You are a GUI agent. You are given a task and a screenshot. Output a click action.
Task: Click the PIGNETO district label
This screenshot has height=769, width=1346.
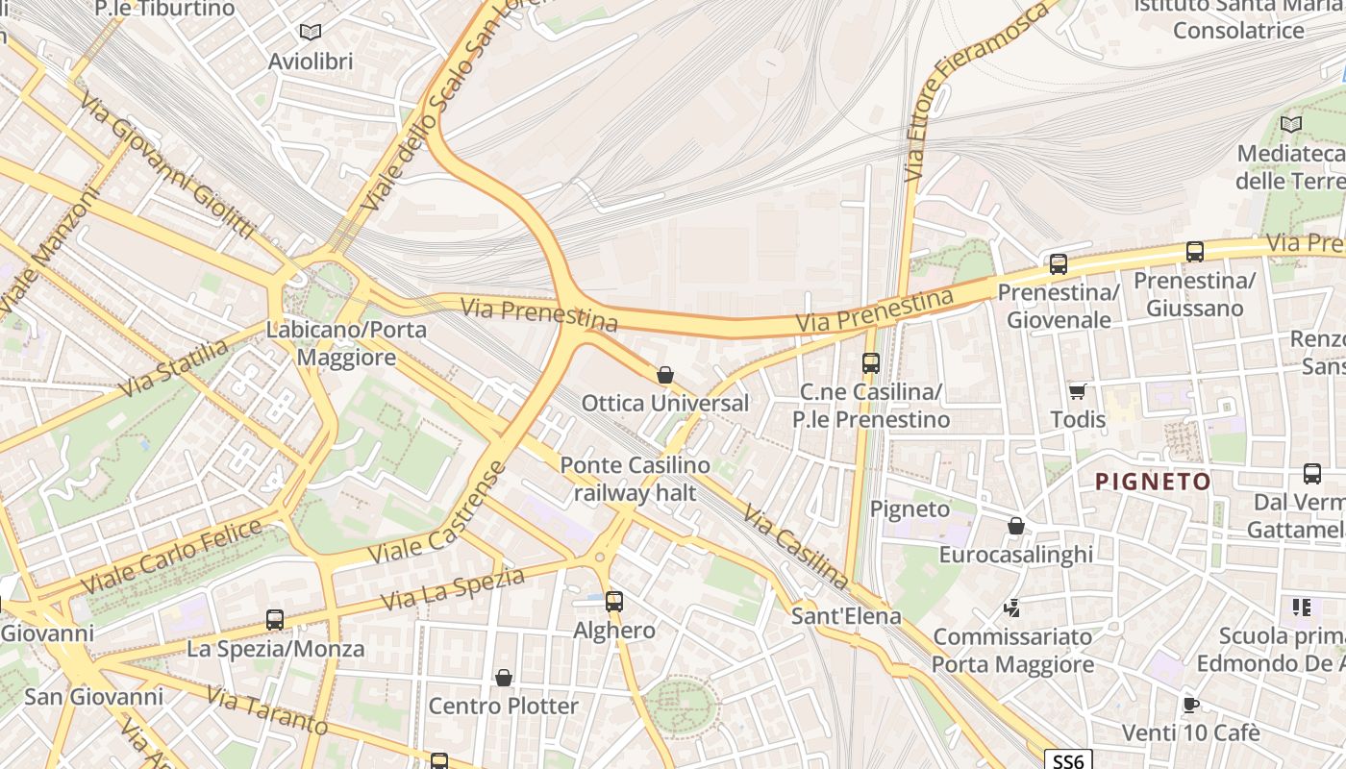[x=1154, y=482]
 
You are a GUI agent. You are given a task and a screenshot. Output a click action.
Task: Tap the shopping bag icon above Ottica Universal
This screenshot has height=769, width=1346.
[x=664, y=375]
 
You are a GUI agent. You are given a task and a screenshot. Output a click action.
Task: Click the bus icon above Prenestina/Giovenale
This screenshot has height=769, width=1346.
[x=1059, y=263]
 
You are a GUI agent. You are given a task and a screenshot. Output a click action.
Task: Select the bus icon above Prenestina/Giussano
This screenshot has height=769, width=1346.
[x=1195, y=252]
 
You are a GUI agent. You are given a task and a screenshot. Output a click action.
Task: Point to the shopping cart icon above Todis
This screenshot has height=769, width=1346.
[x=1077, y=391]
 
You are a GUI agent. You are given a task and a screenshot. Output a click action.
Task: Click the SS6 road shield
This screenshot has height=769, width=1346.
[x=1067, y=761]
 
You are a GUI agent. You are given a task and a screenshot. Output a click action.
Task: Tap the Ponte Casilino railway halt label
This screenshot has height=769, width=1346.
[x=636, y=479]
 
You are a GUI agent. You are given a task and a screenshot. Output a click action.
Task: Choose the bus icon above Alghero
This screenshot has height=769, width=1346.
[x=614, y=602]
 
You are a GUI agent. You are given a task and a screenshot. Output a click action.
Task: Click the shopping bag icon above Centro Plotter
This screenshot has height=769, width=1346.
[x=503, y=678]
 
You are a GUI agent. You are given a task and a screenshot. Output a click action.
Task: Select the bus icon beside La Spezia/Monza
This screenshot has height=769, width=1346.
[x=275, y=620]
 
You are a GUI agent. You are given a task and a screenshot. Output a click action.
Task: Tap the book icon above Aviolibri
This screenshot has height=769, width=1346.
[x=310, y=33]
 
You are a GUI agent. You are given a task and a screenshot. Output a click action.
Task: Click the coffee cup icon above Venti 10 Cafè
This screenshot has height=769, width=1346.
[x=1190, y=705]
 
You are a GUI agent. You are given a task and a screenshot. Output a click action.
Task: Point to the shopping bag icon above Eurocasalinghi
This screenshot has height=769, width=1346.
[x=1015, y=526]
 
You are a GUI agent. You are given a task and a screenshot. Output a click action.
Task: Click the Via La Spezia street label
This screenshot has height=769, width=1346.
[x=453, y=588]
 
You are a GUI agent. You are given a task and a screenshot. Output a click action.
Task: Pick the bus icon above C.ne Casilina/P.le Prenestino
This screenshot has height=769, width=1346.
[x=871, y=363]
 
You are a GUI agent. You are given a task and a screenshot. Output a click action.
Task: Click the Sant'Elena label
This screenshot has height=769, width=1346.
[x=846, y=616]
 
